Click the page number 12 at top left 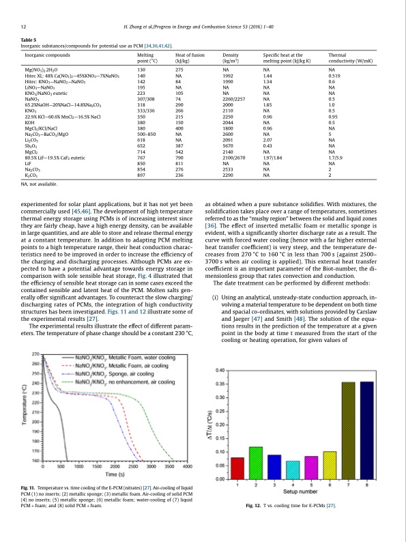(24, 27)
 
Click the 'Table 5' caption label (30, 40)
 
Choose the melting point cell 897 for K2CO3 (142, 175)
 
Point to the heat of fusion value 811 (180, 164)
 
